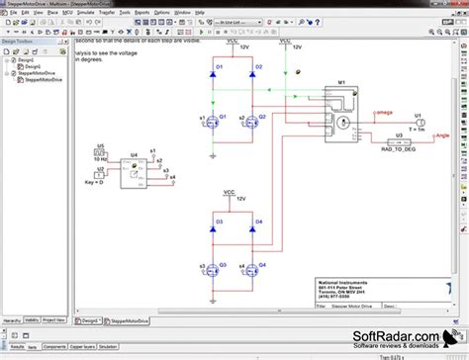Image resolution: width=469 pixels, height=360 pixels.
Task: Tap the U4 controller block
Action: [x=131, y=178]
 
